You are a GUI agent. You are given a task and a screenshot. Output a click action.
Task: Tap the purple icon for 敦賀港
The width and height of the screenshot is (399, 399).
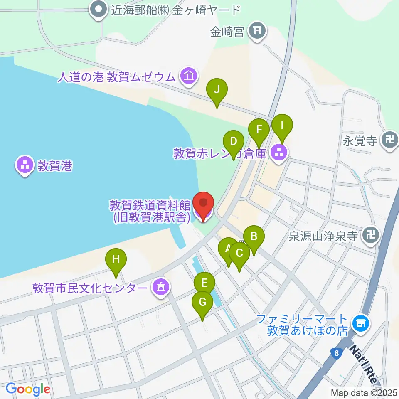(25, 166)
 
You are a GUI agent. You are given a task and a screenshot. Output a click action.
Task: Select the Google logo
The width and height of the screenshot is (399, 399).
(28, 389)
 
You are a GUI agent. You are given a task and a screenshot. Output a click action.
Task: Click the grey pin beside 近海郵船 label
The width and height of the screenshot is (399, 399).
(99, 10)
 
